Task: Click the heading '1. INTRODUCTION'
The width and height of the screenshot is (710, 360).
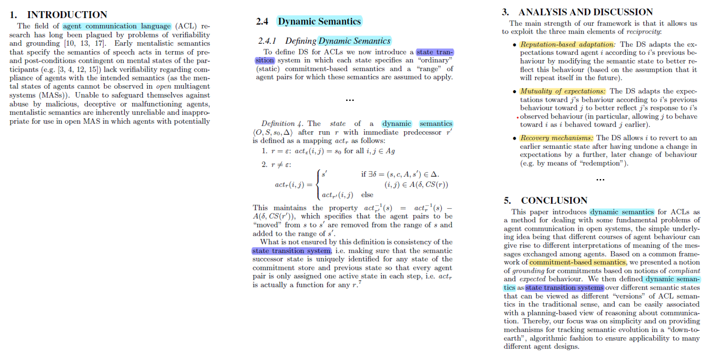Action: coord(58,15)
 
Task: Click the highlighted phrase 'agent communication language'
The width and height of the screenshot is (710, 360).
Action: coord(117,26)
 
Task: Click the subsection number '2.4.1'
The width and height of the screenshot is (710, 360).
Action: coord(268,41)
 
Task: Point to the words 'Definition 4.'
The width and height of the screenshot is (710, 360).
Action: coord(281,124)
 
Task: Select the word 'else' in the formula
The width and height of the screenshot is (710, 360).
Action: coord(367,195)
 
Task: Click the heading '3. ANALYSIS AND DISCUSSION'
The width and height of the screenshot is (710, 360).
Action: coord(578,12)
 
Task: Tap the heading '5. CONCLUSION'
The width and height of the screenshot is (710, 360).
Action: coord(546,200)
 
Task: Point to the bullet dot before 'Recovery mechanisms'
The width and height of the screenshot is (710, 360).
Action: coord(513,139)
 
